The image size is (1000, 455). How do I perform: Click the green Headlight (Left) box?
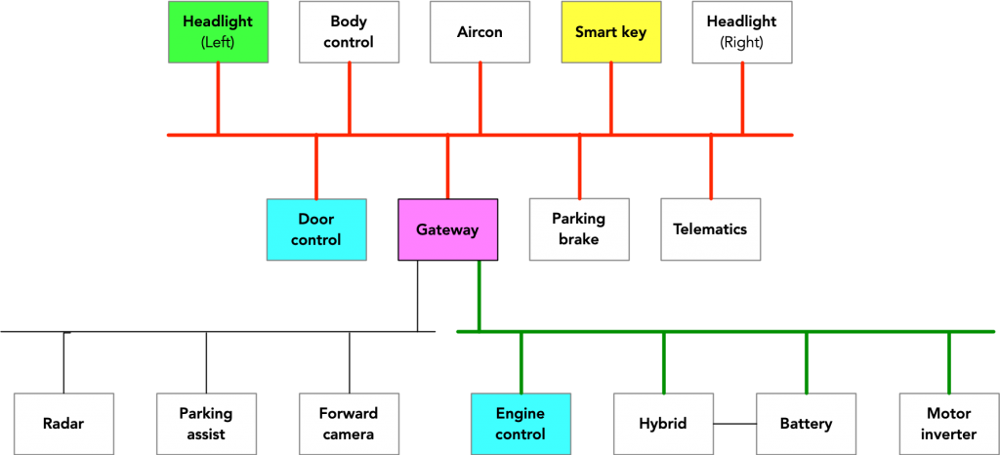218,32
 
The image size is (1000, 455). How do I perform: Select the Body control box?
349,32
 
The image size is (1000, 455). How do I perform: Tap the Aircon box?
479,32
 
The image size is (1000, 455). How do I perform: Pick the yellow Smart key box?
610,32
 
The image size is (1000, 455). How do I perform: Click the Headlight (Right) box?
741,32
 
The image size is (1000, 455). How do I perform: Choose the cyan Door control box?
316,229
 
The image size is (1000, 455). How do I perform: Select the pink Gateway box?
447,229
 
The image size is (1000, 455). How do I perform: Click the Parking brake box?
578,229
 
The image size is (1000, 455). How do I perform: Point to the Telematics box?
710,229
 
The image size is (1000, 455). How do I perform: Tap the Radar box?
63,424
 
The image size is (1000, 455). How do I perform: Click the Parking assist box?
206,424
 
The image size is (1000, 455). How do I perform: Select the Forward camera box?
349,424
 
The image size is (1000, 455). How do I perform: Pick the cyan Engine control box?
521,424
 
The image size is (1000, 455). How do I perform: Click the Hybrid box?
663,424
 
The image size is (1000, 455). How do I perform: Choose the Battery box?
806,424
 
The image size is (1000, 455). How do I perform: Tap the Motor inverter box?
948,424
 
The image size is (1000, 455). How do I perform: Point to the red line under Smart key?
611,98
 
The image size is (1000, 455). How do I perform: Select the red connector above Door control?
316,167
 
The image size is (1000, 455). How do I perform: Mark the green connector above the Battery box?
806,362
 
